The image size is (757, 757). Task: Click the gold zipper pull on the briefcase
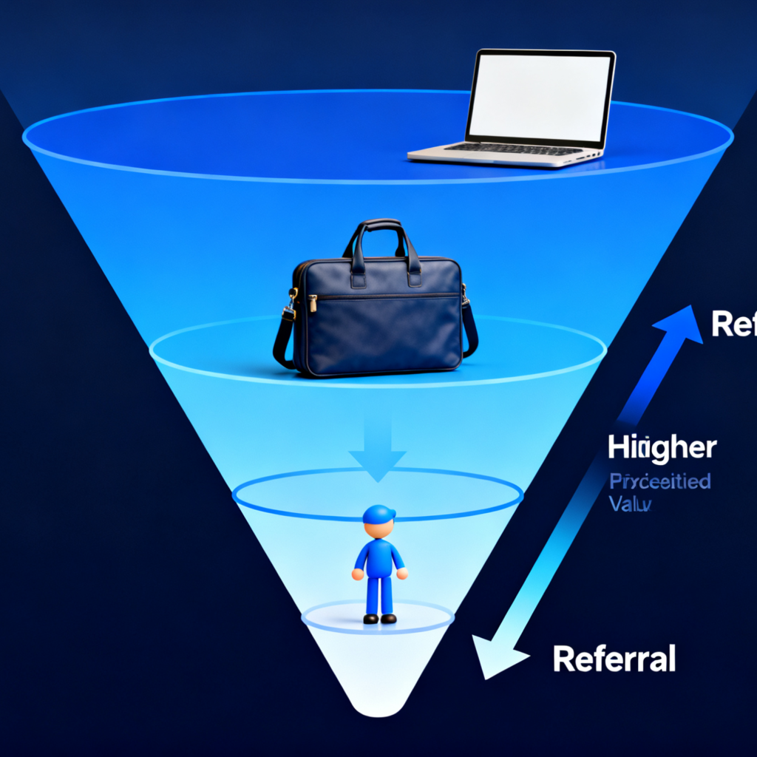tap(313, 303)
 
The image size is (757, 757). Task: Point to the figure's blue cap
tap(378, 514)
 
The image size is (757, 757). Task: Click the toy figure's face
tap(378, 529)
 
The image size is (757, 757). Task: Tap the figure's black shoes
tap(379, 618)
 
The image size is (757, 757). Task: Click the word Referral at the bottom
tap(614, 658)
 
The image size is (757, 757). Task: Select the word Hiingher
tap(662, 448)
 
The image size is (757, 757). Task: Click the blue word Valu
tap(630, 505)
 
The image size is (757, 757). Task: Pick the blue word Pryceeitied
tap(660, 482)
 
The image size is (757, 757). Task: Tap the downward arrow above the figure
tap(377, 451)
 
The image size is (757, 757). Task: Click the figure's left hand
tap(358, 574)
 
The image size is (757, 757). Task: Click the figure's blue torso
tap(379, 558)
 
